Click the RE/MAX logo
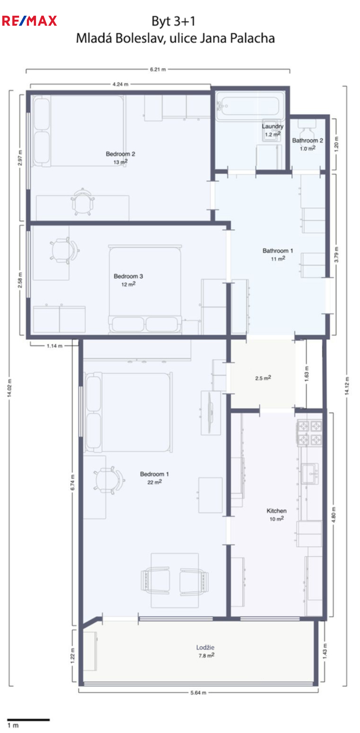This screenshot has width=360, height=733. (29, 21)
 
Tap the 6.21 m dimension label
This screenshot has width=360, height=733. (158, 69)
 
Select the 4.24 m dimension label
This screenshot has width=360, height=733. (120, 84)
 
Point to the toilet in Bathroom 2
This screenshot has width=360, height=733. (307, 130)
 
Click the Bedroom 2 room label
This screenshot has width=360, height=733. (120, 154)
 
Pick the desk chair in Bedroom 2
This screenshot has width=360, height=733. (82, 202)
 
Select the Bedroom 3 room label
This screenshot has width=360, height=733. (128, 276)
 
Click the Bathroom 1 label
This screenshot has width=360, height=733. (277, 251)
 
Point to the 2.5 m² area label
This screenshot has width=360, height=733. (263, 378)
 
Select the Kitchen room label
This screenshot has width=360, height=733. (276, 511)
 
